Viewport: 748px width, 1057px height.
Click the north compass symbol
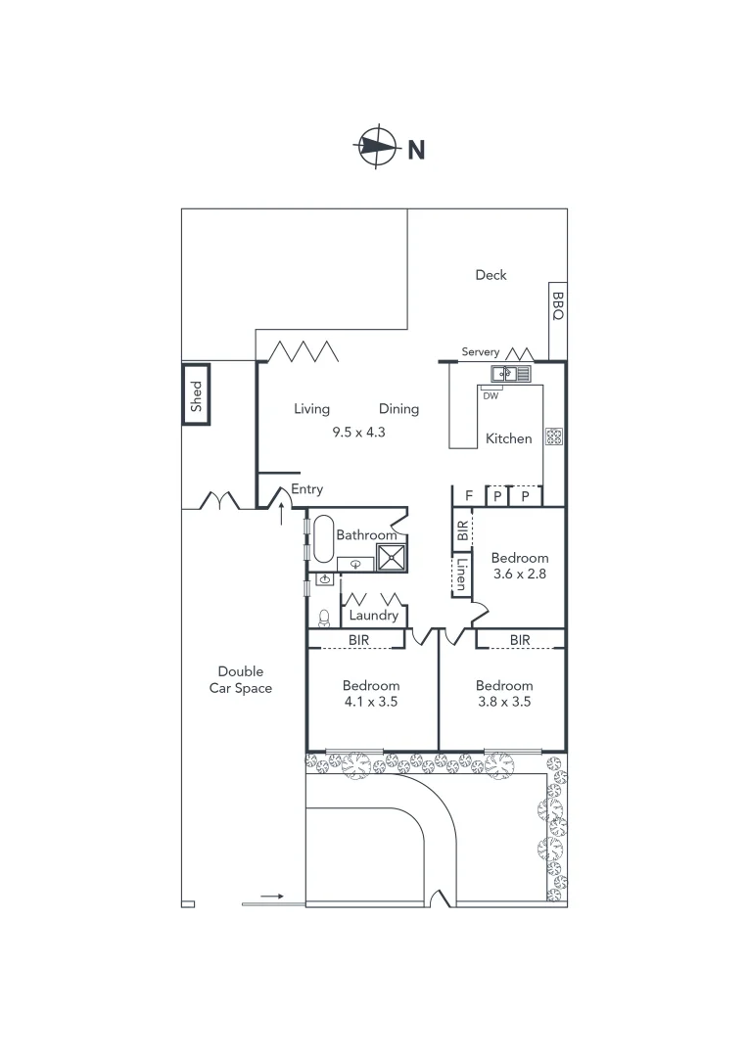tap(377, 149)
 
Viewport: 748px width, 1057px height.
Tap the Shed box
tap(196, 394)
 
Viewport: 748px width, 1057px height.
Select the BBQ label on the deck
tap(557, 305)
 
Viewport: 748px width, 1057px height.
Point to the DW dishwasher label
tap(491, 396)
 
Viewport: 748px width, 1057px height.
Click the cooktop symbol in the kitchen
tap(553, 437)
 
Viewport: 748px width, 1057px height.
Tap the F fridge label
tap(469, 496)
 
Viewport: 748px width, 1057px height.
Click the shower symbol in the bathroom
tap(391, 557)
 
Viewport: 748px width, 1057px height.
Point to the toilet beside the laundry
tap(324, 618)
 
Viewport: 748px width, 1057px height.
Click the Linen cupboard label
tap(461, 575)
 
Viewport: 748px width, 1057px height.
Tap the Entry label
tap(306, 489)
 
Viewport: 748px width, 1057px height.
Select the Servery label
tap(481, 351)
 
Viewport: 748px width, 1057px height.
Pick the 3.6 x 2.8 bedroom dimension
tap(519, 574)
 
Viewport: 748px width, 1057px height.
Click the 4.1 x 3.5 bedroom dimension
tap(371, 702)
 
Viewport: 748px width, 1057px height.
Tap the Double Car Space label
tap(240, 679)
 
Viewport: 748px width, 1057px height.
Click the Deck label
tap(491, 275)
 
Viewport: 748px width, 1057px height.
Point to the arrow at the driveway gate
tap(273, 896)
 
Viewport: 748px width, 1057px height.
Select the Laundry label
tap(373, 616)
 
